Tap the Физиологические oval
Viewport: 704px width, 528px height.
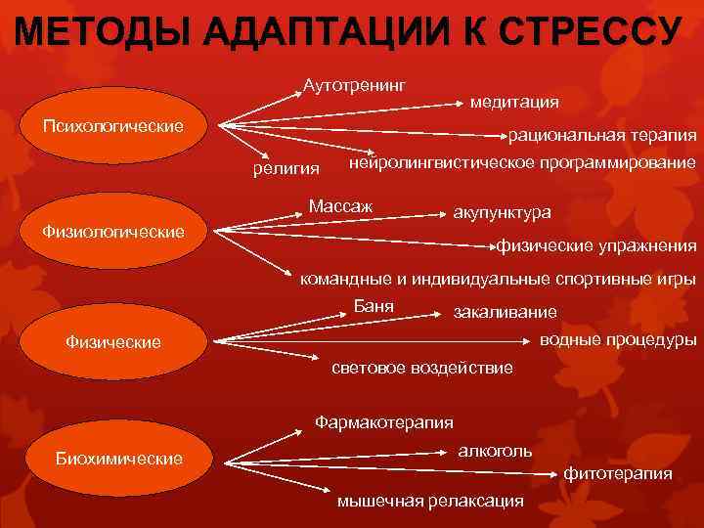coord(113,232)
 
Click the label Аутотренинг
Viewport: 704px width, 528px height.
coord(355,85)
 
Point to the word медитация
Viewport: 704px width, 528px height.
coord(514,101)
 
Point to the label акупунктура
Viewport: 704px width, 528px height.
coord(502,212)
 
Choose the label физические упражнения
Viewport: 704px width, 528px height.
coord(597,244)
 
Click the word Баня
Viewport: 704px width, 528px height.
coord(373,306)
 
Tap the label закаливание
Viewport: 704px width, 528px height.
coord(506,312)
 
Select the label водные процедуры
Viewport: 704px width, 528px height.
coord(618,340)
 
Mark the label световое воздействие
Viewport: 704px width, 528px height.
coord(422,368)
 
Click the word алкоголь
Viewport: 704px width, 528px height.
coord(496,451)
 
